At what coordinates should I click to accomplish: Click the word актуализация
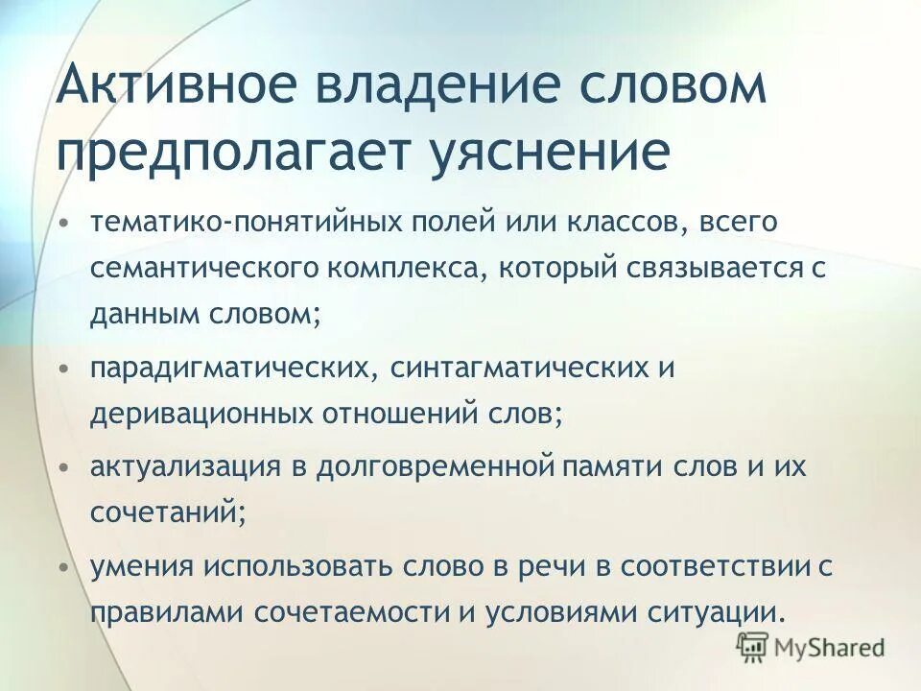click(182, 467)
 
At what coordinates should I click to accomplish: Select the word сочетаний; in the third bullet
click(169, 513)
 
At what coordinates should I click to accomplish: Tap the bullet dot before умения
click(63, 566)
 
